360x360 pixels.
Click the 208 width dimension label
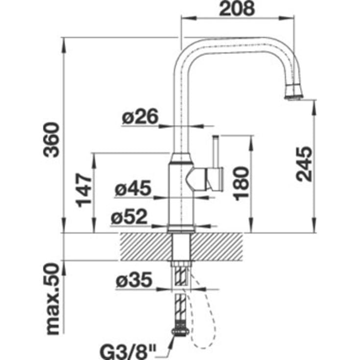coord(237,8)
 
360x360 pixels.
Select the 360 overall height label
coord(51,140)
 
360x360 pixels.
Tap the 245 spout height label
coord(304,164)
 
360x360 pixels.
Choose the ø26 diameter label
coord(140,116)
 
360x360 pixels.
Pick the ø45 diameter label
coord(133,188)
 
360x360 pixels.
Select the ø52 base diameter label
coord(129,216)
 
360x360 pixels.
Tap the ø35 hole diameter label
coord(134,280)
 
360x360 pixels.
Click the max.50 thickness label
coord(52,299)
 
